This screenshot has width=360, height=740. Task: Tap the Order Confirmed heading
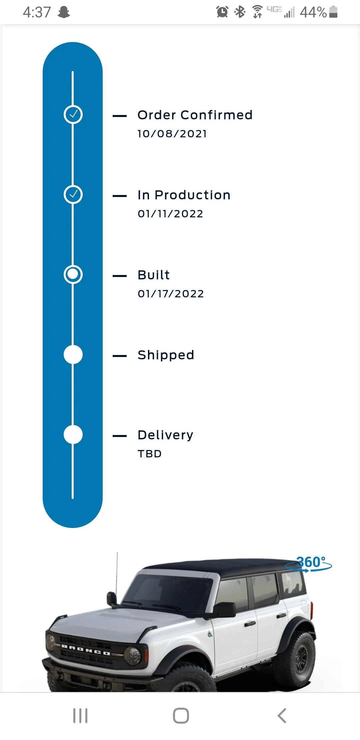pos(195,115)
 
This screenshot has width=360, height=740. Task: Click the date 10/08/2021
pos(172,134)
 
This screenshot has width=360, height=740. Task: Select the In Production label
pos(184,195)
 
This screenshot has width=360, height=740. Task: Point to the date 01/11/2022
pos(170,214)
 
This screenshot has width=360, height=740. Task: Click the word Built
pos(154,275)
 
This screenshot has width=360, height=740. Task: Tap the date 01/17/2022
pos(171,294)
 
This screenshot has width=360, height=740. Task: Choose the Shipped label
pos(166,355)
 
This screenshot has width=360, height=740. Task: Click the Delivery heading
pos(166,435)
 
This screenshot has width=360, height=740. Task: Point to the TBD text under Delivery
pos(150,454)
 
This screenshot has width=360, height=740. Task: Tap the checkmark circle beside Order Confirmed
pos(73,114)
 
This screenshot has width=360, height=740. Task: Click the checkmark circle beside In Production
pos(73,194)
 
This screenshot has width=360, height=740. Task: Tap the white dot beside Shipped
pos(73,354)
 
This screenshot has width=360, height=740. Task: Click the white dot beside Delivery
pos(73,434)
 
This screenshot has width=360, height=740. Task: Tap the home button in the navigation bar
pos(181,715)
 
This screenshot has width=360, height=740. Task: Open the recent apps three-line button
pos(80,715)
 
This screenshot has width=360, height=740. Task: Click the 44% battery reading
pos(313,12)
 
